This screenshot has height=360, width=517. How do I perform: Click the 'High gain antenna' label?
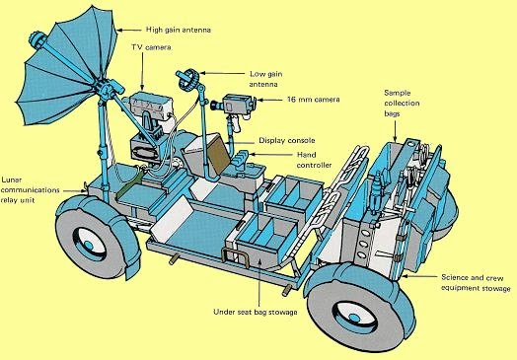178,30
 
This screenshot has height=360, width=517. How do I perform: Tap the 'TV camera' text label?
151,47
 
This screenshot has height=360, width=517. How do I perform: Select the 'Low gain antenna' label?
264,79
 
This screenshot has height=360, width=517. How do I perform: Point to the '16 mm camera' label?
313,100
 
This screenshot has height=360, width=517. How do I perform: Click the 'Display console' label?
287,141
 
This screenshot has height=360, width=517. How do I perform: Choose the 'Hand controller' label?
314,160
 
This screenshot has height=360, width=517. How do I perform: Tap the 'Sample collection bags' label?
402,104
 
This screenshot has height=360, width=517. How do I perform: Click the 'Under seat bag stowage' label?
256,312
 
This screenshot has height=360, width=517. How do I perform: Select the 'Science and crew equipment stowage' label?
476,283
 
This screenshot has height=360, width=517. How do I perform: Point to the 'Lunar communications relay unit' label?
30,190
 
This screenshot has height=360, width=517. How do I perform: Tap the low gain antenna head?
188,80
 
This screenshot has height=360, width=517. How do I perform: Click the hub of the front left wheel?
89,244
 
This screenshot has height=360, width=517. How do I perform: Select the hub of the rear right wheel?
354,318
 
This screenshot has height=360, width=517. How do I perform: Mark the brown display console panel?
218,154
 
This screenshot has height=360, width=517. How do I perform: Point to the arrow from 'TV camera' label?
143,72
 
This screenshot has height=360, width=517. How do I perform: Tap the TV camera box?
151,107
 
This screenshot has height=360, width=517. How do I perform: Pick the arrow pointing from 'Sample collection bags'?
396,130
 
